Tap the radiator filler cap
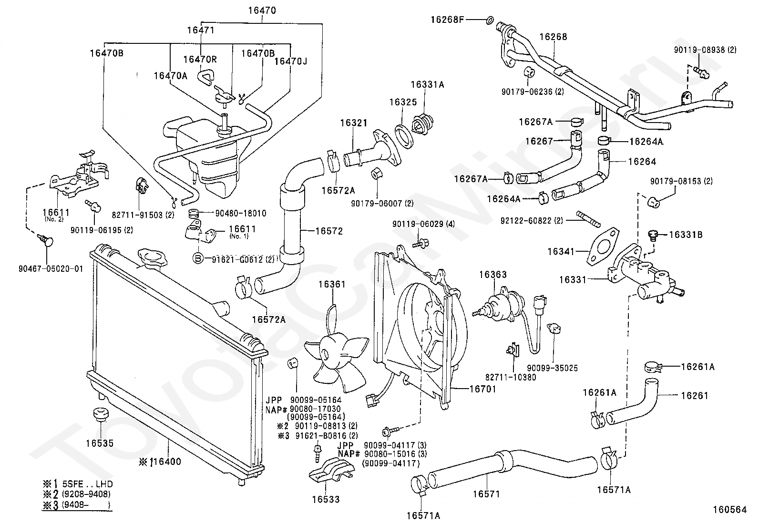click(153, 258)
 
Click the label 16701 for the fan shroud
click(483, 389)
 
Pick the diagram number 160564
click(729, 510)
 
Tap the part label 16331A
click(427, 85)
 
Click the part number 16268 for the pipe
click(553, 37)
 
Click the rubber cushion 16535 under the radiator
click(99, 414)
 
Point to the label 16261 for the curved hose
click(695, 395)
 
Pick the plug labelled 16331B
click(652, 235)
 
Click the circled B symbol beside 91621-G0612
click(198, 259)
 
